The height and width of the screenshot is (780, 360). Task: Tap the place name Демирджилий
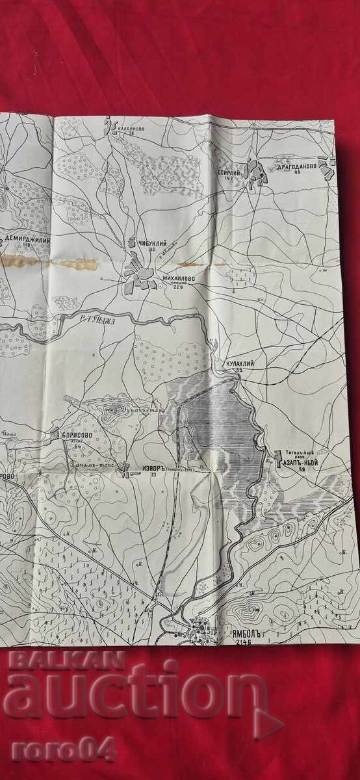27,239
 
